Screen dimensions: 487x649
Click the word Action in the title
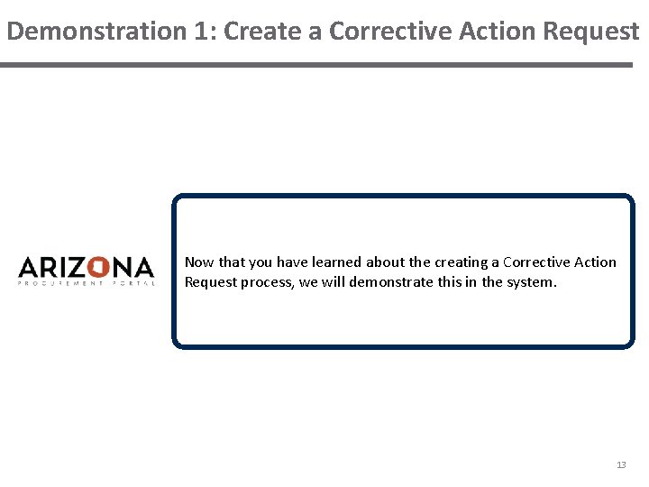tap(494, 32)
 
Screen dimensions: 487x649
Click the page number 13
tap(620, 464)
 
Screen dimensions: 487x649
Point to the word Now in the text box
tap(199, 262)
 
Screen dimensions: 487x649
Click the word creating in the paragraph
tap(460, 262)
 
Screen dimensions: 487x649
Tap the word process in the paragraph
tap(268, 282)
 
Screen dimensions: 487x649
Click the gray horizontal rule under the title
tap(315, 65)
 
